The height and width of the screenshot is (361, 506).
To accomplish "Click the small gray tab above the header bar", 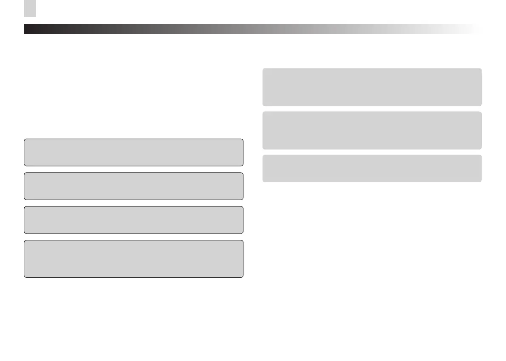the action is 30,8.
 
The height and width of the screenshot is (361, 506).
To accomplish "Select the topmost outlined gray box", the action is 133,152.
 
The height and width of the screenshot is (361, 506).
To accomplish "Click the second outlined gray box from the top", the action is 133,186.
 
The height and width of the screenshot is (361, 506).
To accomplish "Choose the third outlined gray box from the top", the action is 133,220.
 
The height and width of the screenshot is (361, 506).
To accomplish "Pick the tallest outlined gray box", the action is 133,259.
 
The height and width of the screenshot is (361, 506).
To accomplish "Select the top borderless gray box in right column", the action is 372,87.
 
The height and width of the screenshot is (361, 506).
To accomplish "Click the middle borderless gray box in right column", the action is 372,130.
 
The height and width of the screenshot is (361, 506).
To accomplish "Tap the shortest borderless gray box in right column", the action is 372,168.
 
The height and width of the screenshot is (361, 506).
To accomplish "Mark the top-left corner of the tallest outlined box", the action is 25,241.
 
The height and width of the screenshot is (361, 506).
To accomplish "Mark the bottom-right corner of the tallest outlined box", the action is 243,277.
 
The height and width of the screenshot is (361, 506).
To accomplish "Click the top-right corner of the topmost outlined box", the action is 243,139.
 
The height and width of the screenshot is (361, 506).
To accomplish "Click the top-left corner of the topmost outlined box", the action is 25,139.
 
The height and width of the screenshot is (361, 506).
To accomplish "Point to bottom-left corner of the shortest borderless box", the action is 263,181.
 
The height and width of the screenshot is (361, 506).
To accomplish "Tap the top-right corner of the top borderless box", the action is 481,69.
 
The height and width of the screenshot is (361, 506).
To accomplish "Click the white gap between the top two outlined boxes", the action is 133,169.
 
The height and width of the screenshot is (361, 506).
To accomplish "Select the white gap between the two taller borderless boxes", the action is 372,109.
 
